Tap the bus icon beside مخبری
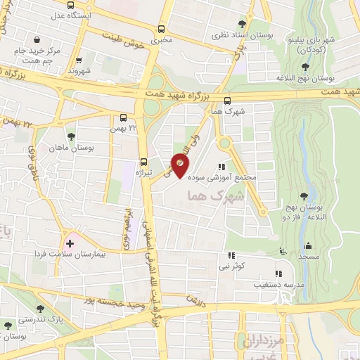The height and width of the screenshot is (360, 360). click(162, 30)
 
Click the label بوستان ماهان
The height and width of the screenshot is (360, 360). click(67, 148)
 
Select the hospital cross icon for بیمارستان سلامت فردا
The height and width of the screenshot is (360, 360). click(70, 243)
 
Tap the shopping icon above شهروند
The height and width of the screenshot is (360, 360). click(79, 60)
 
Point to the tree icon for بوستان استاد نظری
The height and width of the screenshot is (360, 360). click(243, 24)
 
